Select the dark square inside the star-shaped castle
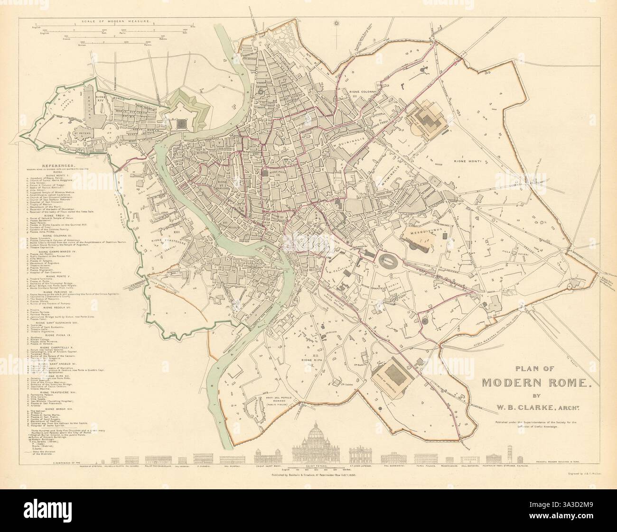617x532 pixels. click(x=181, y=123)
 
